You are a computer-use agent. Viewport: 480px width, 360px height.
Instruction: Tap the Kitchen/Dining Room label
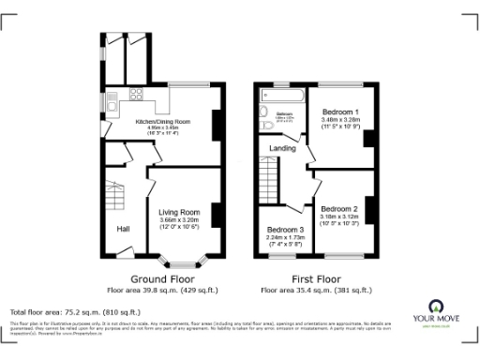pyautogui.click(x=163, y=122)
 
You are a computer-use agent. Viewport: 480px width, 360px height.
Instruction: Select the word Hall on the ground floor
pyautogui.click(x=123, y=228)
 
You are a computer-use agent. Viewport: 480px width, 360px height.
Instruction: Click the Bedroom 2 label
pyautogui.click(x=338, y=208)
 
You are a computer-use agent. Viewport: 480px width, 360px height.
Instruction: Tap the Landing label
pyautogui.click(x=282, y=148)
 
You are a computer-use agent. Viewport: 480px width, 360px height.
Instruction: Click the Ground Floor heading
pyautogui.click(x=162, y=279)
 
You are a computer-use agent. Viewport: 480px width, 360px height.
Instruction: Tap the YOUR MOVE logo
pyautogui.click(x=436, y=312)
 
